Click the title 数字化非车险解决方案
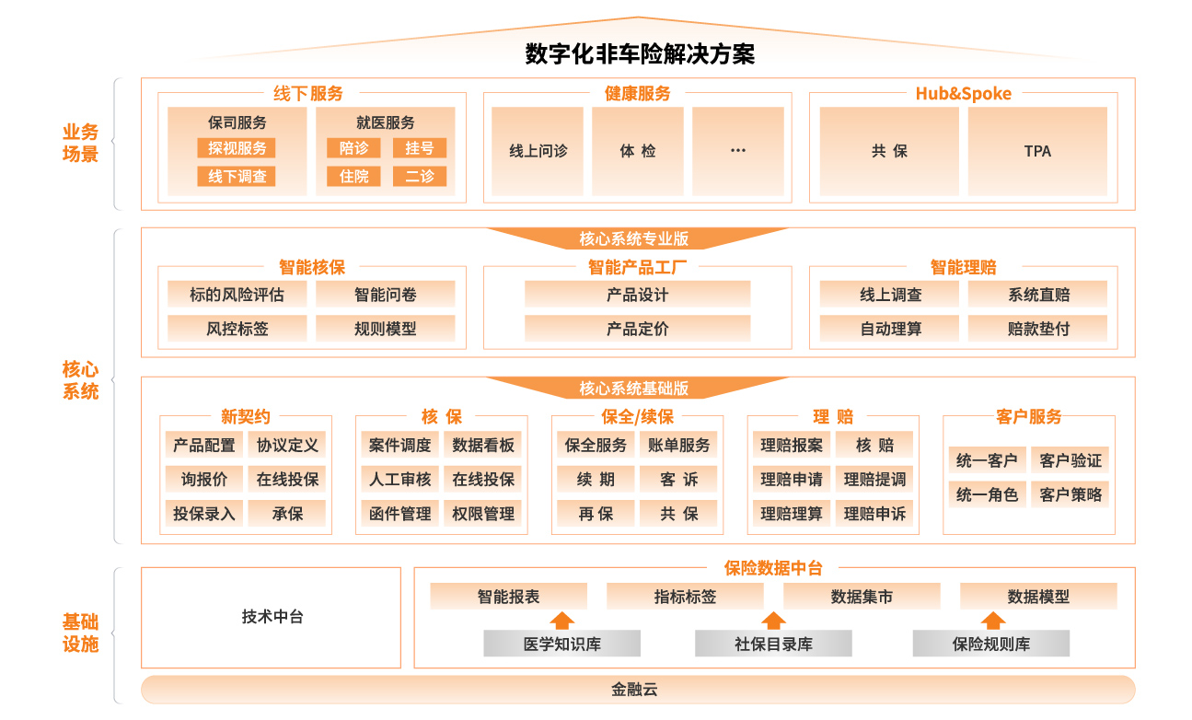(640, 53)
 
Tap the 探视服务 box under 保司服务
(237, 148)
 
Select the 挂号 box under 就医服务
(420, 148)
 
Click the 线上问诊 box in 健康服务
(538, 151)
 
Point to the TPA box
(1037, 151)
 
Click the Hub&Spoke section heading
(963, 94)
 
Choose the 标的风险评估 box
(237, 295)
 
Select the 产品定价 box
(638, 329)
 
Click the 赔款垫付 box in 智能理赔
(1037, 329)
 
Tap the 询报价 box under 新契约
(204, 479)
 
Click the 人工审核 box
(400, 479)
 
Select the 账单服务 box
(678, 445)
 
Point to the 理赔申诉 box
(874, 513)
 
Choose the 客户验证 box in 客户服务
(1070, 459)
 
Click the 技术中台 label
(272, 617)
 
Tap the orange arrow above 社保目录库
(774, 621)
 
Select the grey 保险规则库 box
(990, 644)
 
